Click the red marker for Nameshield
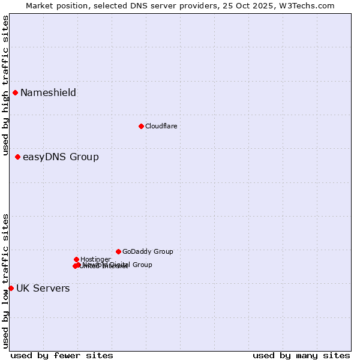coord(15,92)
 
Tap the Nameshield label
coord(48,92)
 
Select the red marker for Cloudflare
coord(141,126)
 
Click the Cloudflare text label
coord(161,126)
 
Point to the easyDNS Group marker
coord(17,157)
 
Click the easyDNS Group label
coord(61,157)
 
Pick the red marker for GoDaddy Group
coord(118,251)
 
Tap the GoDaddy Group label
coord(148,251)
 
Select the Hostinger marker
coord(76,259)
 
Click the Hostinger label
coord(95,259)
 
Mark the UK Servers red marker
coord(11,288)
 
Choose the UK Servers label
coord(43,289)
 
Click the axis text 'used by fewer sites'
coord(62,355)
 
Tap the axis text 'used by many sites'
coord(301,355)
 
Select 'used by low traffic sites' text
coord(6,281)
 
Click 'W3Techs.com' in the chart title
coord(310,5)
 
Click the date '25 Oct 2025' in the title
coord(258,5)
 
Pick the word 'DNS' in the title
coord(136,5)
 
